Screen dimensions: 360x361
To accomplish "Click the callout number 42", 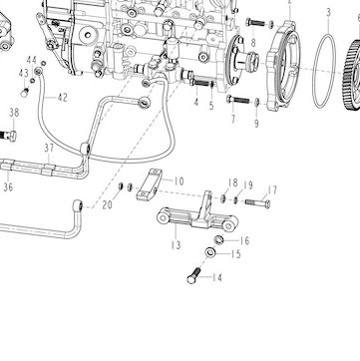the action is pyautogui.click(x=62, y=98).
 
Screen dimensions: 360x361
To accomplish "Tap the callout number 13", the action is pyautogui.click(x=176, y=245).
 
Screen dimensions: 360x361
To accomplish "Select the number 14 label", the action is pyautogui.click(x=217, y=277).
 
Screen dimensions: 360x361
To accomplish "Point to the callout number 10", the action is pyautogui.click(x=179, y=181).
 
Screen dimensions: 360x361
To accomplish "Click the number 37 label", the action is pyautogui.click(x=49, y=149).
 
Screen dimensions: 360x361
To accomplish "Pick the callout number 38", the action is pyautogui.click(x=14, y=113).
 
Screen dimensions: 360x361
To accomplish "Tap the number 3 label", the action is pyautogui.click(x=328, y=13).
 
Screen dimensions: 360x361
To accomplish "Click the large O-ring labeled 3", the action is pyautogui.click(x=324, y=71).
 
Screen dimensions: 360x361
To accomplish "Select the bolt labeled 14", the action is pyautogui.click(x=193, y=276).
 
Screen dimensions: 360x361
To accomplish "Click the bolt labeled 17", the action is pyautogui.click(x=258, y=202).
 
